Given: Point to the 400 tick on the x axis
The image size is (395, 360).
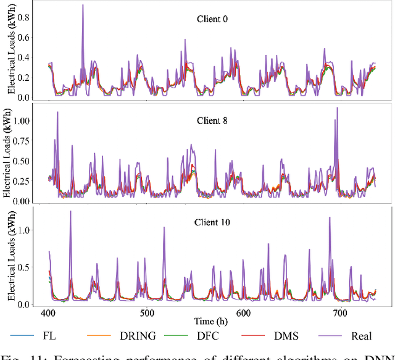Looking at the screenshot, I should [49, 313].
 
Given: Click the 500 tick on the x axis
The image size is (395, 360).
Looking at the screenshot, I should [146, 313].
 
